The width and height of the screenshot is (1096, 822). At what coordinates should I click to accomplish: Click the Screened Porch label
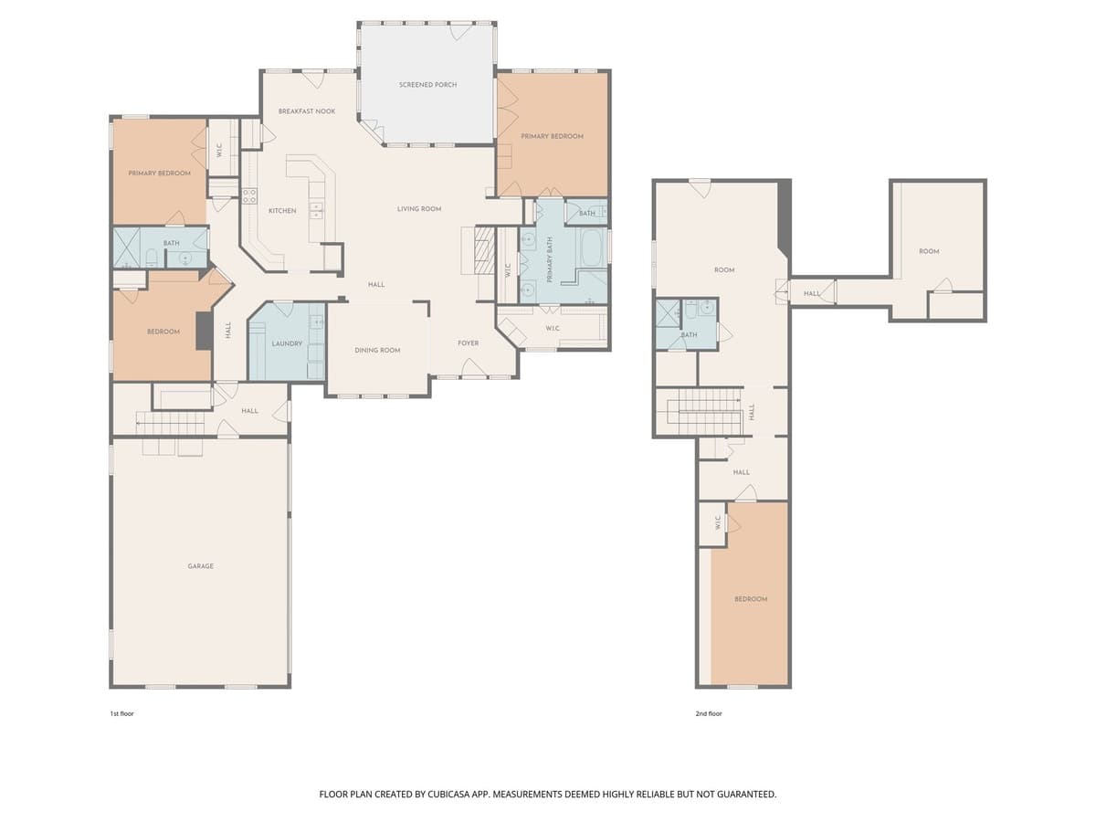pyautogui.click(x=427, y=85)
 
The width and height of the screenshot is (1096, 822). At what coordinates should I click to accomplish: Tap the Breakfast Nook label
pyautogui.click(x=307, y=111)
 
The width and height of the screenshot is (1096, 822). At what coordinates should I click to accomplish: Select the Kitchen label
pyautogui.click(x=282, y=211)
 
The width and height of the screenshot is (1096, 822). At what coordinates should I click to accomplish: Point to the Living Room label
pyautogui.click(x=419, y=208)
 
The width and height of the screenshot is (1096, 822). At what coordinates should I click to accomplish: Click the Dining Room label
pyautogui.click(x=377, y=351)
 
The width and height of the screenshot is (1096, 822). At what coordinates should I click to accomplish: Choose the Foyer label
pyautogui.click(x=468, y=342)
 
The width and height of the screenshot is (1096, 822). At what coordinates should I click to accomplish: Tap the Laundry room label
pyautogui.click(x=287, y=343)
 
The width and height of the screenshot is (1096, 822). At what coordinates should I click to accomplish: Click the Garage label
pyautogui.click(x=200, y=566)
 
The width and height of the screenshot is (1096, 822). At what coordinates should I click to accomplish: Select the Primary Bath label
pyautogui.click(x=550, y=259)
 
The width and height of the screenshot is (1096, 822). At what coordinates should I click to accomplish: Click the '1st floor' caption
pyautogui.click(x=121, y=713)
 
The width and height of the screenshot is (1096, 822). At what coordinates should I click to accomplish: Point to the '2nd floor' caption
pyautogui.click(x=709, y=713)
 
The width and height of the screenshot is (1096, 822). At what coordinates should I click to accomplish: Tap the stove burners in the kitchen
pyautogui.click(x=249, y=195)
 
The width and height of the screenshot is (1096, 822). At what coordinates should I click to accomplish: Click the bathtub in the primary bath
pyautogui.click(x=593, y=248)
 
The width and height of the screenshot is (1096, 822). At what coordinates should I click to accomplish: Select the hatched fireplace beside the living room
pyautogui.click(x=483, y=250)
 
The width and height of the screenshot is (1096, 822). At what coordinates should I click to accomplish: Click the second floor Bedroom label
pyautogui.click(x=751, y=599)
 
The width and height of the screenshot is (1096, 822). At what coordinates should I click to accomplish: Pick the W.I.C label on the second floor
pyautogui.click(x=718, y=522)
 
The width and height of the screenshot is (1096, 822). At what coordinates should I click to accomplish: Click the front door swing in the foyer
pyautogui.click(x=473, y=368)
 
